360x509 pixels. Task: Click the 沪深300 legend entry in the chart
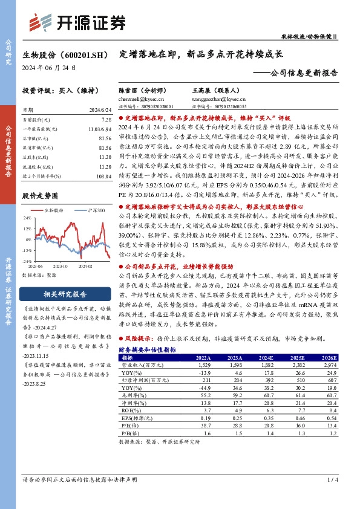(x=93, y=210)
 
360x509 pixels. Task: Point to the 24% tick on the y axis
(x=27, y=217)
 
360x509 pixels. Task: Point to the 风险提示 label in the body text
(x=137, y=340)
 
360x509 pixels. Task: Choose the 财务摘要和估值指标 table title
(x=147, y=350)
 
